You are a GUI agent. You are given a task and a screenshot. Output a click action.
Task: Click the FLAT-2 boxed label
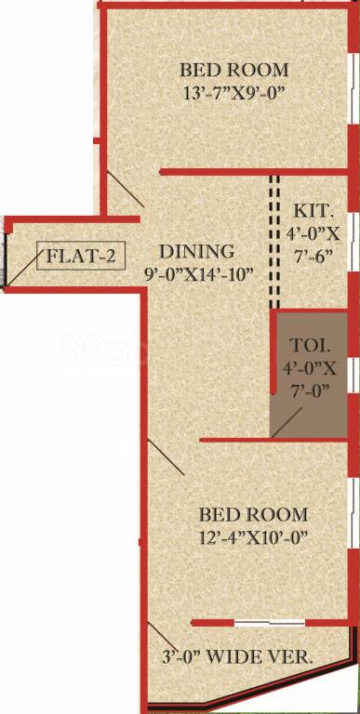(81, 257)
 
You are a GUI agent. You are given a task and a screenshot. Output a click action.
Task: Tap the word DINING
(195, 251)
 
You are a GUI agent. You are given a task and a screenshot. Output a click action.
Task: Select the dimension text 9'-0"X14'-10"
(199, 274)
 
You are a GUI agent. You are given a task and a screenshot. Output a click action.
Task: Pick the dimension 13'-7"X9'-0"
(233, 93)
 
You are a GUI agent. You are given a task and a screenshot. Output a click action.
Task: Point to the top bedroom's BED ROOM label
(233, 70)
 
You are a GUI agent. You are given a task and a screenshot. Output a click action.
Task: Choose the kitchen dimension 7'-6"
(312, 254)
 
